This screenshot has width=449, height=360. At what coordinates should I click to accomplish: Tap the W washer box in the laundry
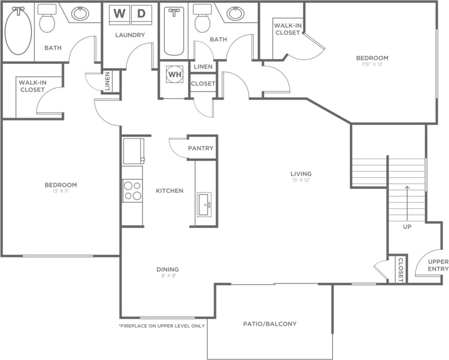click(119, 14)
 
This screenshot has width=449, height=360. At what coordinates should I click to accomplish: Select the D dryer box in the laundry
click(141, 14)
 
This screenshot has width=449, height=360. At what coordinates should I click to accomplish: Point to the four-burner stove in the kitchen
click(132, 191)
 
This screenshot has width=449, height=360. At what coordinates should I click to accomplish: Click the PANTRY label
click(201, 148)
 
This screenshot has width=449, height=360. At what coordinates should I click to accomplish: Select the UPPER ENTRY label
click(438, 265)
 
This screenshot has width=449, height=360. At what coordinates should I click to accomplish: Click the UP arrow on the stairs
click(407, 202)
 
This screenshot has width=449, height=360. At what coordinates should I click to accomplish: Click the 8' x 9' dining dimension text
click(167, 276)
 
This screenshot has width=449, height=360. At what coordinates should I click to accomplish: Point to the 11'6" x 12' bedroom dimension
click(372, 65)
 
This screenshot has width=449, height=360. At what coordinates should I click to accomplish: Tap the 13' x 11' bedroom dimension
click(60, 192)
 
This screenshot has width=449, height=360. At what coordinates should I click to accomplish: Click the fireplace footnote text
click(162, 326)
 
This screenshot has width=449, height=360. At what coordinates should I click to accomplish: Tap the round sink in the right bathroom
click(236, 13)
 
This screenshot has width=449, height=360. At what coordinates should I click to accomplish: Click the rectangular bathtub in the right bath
click(174, 32)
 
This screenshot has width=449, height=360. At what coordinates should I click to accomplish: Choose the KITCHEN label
click(169, 191)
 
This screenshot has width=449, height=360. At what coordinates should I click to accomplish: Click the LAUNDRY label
click(130, 35)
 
